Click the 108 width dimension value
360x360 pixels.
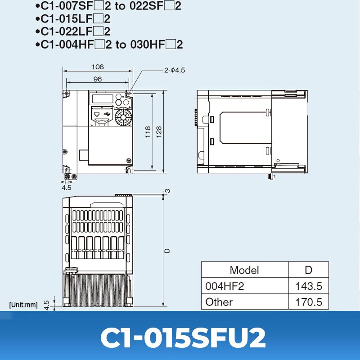click(98, 67)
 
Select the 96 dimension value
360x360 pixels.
click(98, 79)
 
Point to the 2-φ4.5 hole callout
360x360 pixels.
click(174, 70)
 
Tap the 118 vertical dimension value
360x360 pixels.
click(148, 132)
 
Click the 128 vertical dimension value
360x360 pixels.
click(159, 132)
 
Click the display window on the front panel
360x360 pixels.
click(102, 98)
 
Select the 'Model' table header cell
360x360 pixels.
click(244, 270)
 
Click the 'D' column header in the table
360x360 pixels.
click(308, 270)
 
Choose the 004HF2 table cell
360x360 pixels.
click(225, 286)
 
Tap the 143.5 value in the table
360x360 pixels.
click(308, 286)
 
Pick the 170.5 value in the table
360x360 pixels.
click(308, 302)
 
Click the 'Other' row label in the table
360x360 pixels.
click(219, 302)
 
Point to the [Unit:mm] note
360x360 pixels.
click(23, 305)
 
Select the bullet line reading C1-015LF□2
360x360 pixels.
click(72, 19)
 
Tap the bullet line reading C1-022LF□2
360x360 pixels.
click(72, 31)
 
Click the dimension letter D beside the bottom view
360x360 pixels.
click(167, 250)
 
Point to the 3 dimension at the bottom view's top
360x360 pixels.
click(168, 191)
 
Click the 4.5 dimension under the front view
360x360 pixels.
click(67, 187)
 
